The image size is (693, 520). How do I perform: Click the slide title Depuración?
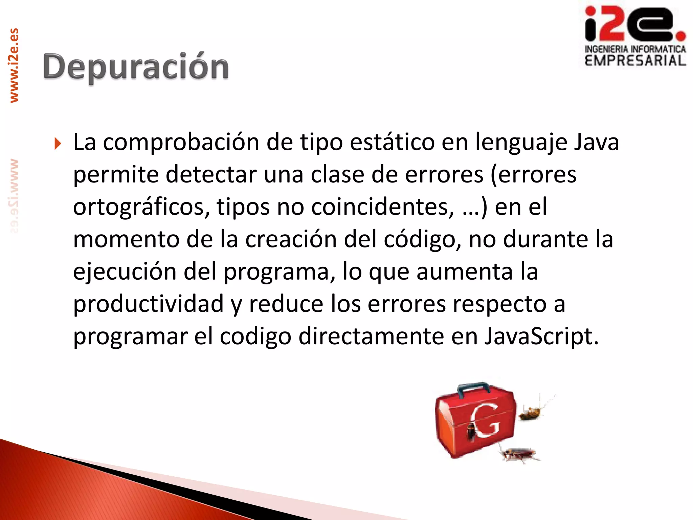click(136, 67)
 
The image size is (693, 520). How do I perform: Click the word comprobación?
click(181, 143)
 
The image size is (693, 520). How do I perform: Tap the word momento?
click(126, 239)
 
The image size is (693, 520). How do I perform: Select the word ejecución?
click(125, 272)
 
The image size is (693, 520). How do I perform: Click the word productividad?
click(148, 304)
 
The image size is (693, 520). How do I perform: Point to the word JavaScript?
click(541, 337)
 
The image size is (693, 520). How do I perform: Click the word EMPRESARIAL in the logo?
click(635, 61)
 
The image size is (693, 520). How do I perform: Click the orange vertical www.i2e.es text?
click(14, 66)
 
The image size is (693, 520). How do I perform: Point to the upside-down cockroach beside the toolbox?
click(530, 413)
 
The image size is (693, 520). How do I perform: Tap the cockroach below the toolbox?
click(519, 455)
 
